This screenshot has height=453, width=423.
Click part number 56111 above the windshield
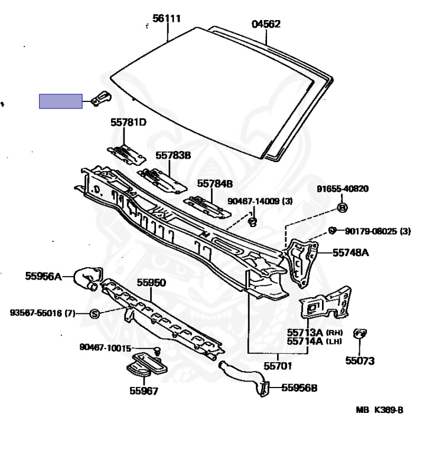coord(167,19)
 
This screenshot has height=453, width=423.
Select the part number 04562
coord(266,24)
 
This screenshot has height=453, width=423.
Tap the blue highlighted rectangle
coord(61,101)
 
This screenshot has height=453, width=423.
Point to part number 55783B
coord(174,156)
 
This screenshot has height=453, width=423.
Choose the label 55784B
coord(215,183)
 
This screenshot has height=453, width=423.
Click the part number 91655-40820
coord(342,189)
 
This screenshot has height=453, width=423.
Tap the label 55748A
coord(350,252)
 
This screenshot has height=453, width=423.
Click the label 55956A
coord(43,275)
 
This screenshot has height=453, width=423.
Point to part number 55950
coord(152,283)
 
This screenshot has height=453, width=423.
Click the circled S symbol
coord(95,314)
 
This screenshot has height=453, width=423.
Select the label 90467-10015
coord(105,348)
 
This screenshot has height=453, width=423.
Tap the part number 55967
coord(144,390)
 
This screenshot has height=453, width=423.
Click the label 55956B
coord(300,388)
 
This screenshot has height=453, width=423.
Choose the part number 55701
coord(278,366)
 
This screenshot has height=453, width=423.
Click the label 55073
coord(360,360)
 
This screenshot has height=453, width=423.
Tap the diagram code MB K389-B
coord(379,410)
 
